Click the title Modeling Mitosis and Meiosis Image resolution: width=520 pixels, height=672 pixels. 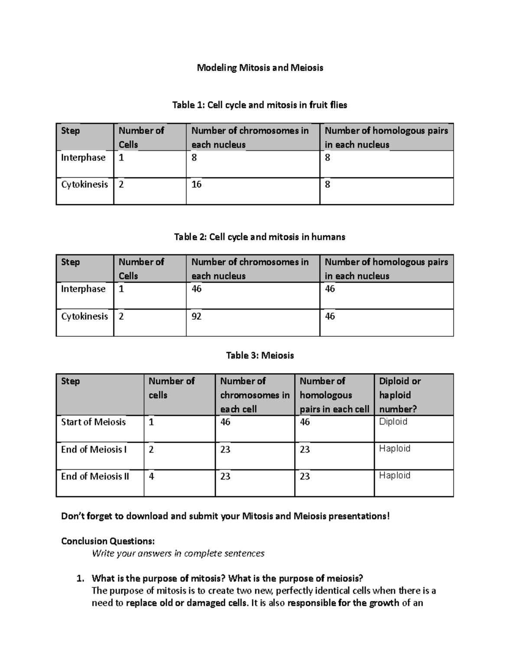(260, 68)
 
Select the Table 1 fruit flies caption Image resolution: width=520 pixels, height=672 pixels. (260, 105)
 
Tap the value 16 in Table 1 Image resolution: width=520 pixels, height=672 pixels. (196, 185)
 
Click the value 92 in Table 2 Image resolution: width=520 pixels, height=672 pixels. (196, 316)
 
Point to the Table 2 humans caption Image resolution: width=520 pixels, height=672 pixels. (260, 237)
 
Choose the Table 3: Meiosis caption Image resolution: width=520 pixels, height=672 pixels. (260, 356)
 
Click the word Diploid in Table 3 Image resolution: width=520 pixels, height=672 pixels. (393, 422)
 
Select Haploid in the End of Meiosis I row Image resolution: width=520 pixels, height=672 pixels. (394, 449)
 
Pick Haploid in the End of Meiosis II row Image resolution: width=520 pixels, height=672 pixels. (394, 476)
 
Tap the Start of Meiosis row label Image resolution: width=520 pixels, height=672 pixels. (93, 422)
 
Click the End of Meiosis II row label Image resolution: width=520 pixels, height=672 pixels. (95, 476)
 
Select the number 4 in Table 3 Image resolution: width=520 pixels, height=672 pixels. (151, 476)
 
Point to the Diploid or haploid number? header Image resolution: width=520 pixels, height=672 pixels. (400, 395)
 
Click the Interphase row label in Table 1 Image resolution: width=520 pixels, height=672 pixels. (83, 158)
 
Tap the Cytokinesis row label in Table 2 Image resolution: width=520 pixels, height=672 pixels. (84, 316)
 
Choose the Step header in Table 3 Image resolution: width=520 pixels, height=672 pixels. (70, 381)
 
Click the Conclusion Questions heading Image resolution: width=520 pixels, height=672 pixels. (107, 541)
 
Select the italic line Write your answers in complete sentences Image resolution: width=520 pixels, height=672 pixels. (178, 553)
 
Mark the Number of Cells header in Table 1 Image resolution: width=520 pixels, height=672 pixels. (141, 137)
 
